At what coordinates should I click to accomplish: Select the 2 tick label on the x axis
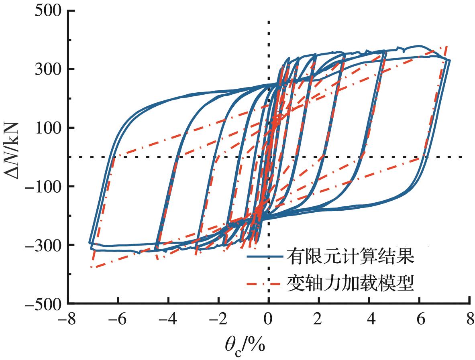pos(318,321)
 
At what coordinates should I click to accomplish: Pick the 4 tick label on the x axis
pos(369,321)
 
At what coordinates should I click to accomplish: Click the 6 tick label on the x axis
pos(419,321)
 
